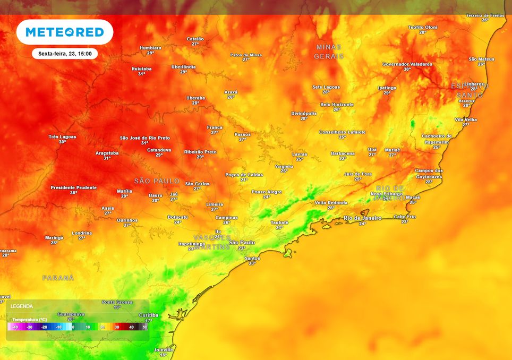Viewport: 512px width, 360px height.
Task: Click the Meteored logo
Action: (64, 32)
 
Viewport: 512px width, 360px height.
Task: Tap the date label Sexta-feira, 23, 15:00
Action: (64, 54)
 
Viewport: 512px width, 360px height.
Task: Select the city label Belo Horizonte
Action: (337, 105)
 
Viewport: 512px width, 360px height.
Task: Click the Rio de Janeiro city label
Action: (362, 218)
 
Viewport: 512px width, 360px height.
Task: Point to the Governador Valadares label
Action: (407, 64)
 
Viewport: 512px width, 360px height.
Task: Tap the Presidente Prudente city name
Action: (73, 187)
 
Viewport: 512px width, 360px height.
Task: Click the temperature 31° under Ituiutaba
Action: (142, 74)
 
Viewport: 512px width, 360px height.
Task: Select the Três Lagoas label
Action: (62, 137)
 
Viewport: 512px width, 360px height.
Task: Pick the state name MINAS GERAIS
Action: (329, 52)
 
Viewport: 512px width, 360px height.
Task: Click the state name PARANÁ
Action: (58, 278)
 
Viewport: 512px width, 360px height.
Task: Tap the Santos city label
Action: (252, 259)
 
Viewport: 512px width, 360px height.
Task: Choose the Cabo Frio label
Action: (405, 217)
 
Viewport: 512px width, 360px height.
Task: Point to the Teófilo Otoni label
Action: (422, 27)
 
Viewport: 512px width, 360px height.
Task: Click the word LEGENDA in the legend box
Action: (22, 306)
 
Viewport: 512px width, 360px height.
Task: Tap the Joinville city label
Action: (163, 350)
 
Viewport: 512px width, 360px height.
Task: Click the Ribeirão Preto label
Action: (200, 152)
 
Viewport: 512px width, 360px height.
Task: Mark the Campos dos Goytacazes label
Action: (429, 173)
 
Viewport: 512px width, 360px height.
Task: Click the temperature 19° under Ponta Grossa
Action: (117, 307)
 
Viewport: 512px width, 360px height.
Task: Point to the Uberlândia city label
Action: (183, 67)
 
